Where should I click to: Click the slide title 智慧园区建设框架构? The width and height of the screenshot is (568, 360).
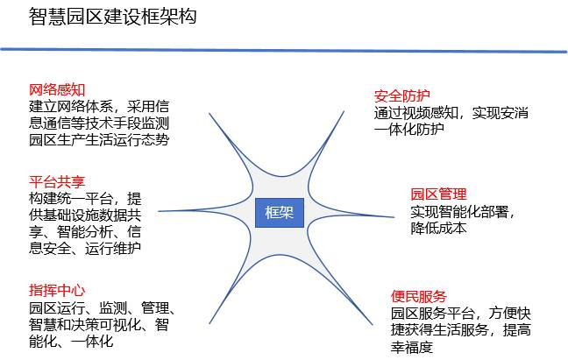pyautogui.click(x=113, y=17)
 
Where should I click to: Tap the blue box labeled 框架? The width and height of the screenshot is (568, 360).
pyautogui.click(x=280, y=213)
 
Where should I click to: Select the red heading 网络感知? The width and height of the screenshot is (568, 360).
pyautogui.click(x=57, y=89)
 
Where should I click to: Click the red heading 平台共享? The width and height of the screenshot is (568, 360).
pyautogui.click(x=57, y=181)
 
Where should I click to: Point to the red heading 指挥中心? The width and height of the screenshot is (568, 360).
pyautogui.click(x=57, y=290)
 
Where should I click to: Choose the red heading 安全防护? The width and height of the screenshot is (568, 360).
pyautogui.click(x=402, y=95)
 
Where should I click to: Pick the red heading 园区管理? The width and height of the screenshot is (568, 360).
pyautogui.click(x=438, y=194)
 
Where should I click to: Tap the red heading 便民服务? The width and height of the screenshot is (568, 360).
pyautogui.click(x=419, y=296)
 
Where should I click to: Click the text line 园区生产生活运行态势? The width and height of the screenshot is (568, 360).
pyautogui.click(x=99, y=139)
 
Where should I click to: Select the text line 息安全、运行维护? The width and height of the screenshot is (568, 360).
pyautogui.click(x=85, y=248)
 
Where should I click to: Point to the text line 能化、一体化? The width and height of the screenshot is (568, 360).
pyautogui.click(x=71, y=342)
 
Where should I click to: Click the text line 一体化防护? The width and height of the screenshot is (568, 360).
pyautogui.click(x=409, y=129)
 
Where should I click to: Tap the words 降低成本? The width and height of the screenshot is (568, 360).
pyautogui.click(x=438, y=229)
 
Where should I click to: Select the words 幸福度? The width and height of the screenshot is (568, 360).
pyautogui.click(x=412, y=348)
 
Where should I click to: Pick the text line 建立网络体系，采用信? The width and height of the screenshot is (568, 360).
pyautogui.click(x=99, y=106)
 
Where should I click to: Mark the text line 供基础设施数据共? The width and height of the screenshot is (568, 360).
pyautogui.click(x=85, y=215)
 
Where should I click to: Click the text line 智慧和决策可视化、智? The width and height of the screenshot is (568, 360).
pyautogui.click(x=99, y=325)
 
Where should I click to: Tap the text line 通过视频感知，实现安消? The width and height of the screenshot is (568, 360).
pyautogui.click(x=451, y=113)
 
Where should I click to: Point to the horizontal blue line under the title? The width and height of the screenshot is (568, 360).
pyautogui.click(x=284, y=50)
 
